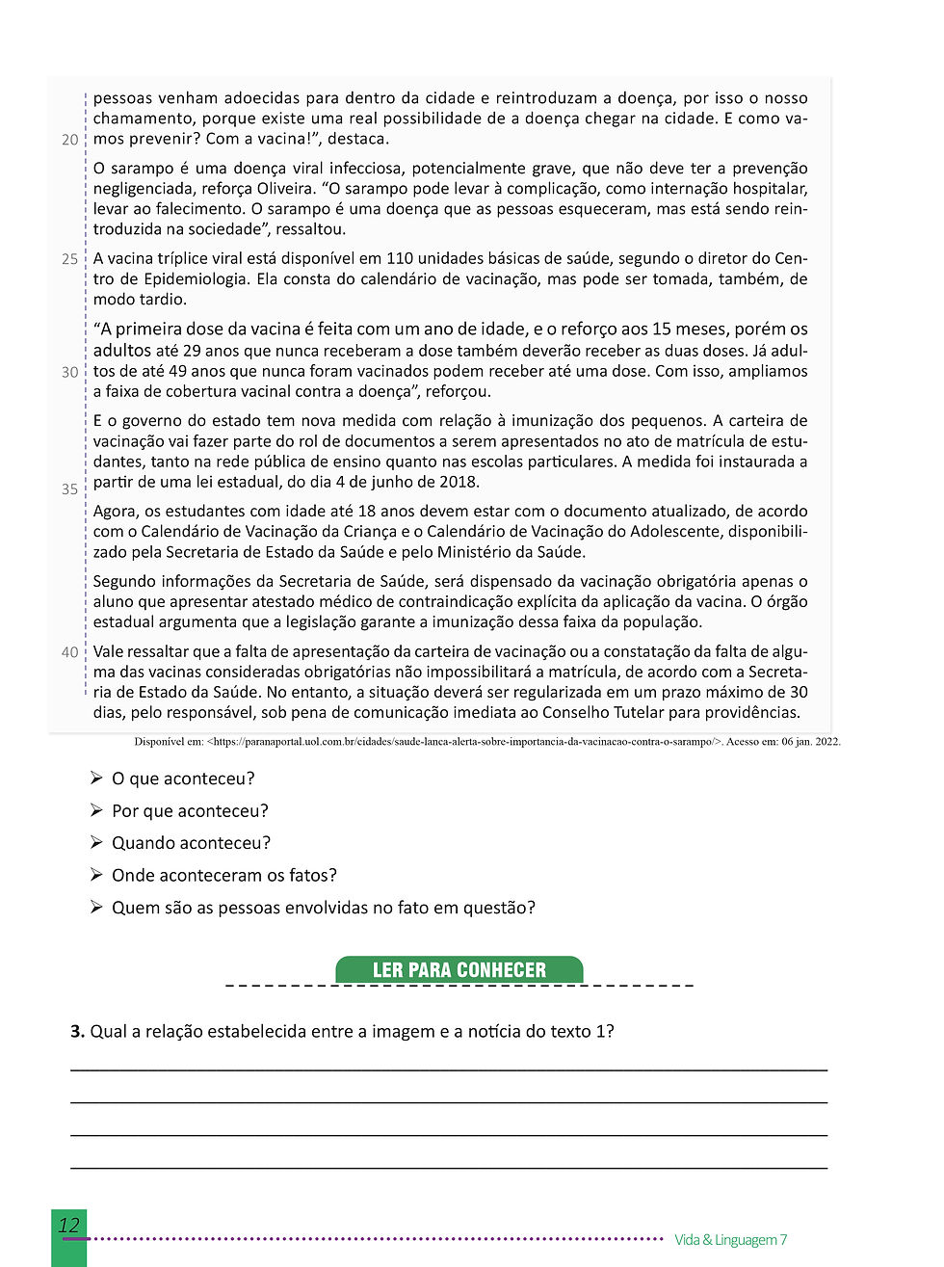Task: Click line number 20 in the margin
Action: [69, 140]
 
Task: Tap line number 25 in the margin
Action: [69, 259]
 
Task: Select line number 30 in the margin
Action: [69, 372]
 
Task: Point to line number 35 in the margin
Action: [69, 489]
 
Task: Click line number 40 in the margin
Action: [69, 652]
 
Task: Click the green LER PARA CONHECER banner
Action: [459, 969]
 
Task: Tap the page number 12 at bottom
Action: [68, 1226]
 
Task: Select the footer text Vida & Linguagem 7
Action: [730, 1240]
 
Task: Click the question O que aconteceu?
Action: [183, 779]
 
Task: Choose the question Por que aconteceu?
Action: [190, 811]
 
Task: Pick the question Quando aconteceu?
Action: [191, 843]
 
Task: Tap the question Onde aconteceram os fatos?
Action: [223, 876]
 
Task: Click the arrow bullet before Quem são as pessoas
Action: [96, 908]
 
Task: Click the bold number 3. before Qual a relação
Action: [77, 1032]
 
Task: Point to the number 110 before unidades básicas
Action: [400, 259]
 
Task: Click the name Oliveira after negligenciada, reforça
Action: [285, 189]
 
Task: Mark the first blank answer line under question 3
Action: [448, 1069]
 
